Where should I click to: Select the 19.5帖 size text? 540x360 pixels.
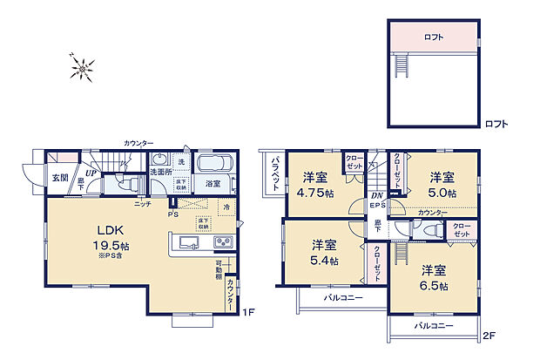(x=111, y=245)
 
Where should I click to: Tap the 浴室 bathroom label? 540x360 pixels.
(x=213, y=185)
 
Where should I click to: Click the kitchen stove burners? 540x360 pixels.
(x=222, y=241)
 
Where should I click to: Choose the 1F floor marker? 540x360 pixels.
(x=247, y=312)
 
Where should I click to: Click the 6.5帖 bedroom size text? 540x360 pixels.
(x=433, y=286)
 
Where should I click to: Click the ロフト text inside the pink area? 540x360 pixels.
(x=434, y=37)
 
